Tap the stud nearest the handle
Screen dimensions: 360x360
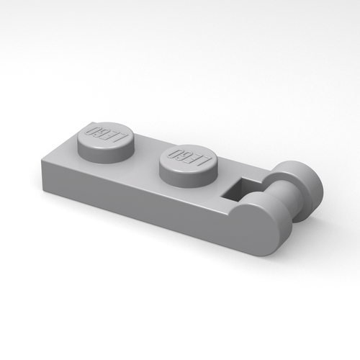tap(188, 158)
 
